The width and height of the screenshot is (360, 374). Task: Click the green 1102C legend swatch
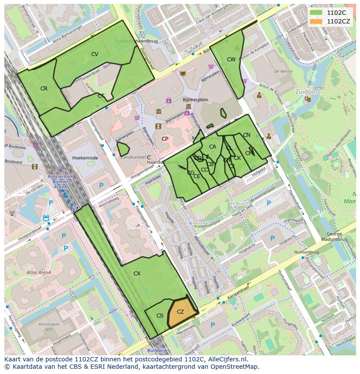click(x=317, y=13)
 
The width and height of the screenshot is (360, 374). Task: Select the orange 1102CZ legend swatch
click(x=317, y=21)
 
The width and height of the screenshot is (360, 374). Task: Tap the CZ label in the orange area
click(x=180, y=312)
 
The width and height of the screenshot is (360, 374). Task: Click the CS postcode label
click(x=160, y=316)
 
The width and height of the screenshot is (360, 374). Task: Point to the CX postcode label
click(x=137, y=274)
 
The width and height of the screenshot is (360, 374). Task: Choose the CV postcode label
click(x=95, y=54)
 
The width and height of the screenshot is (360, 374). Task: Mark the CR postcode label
click(x=44, y=89)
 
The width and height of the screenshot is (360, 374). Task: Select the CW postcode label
click(x=231, y=60)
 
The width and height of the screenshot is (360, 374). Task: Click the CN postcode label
click(x=247, y=135)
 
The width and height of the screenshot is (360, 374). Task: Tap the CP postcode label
click(x=165, y=139)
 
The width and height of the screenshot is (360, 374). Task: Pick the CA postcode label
click(x=213, y=147)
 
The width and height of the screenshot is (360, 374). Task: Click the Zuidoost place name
click(x=307, y=92)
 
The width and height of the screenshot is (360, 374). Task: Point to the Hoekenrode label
click(x=86, y=158)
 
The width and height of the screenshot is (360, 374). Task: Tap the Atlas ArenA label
click(x=39, y=273)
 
